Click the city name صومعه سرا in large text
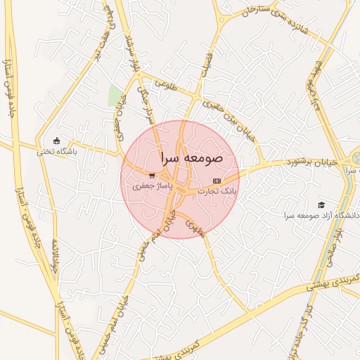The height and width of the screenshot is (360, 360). pos(191,158)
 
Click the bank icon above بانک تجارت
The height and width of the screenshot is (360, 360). pos(216,181)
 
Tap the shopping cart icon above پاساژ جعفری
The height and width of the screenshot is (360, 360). pos(152,176)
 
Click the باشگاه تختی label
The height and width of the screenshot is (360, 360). pos(57,150)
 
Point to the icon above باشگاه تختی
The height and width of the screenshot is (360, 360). pos(57,140)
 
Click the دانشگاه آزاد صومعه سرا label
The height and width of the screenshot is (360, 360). pos(322,214)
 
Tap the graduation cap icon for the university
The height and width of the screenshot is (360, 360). pos(321,204)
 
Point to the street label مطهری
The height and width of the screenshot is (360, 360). pos(194,226)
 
